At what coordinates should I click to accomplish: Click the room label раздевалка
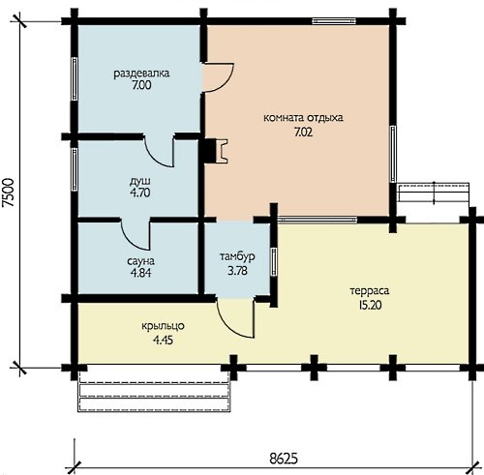(x=141, y=74)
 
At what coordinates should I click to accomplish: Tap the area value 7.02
(x=303, y=132)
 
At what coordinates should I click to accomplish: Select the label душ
(x=140, y=182)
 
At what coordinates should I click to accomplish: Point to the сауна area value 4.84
(x=140, y=273)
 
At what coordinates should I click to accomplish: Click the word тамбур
(x=237, y=256)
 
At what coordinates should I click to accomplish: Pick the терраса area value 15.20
(x=370, y=305)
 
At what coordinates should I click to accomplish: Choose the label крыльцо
(x=163, y=326)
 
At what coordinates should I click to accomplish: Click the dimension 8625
(x=284, y=459)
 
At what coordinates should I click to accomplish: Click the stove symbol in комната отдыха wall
(x=213, y=151)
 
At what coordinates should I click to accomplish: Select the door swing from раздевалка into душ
(x=159, y=152)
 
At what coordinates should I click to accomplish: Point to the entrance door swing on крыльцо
(x=236, y=318)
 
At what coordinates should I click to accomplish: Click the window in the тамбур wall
(x=274, y=262)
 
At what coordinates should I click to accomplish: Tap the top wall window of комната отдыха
(x=334, y=21)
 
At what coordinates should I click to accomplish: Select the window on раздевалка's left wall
(x=74, y=78)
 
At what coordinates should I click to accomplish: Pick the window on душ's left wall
(x=74, y=169)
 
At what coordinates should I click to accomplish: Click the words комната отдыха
(x=303, y=118)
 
